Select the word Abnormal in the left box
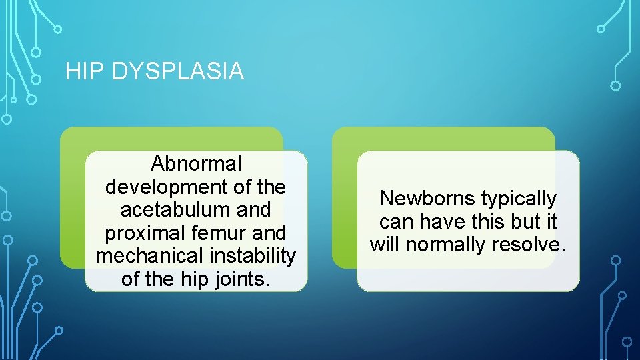coord(196,163)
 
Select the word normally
coord(447,245)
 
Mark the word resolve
coord(529,245)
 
